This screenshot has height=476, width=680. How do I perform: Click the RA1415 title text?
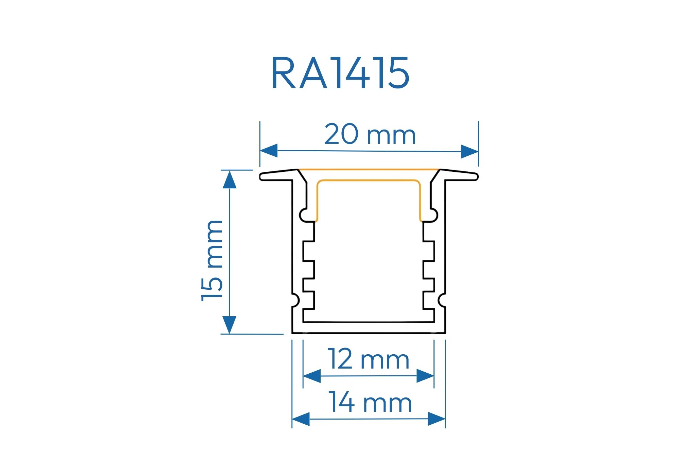pos(340,73)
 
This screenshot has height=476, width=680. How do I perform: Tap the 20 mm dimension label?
pos(370,135)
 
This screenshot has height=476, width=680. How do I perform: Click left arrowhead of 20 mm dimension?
pos(269,151)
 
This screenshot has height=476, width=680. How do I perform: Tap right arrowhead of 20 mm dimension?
pos(470,152)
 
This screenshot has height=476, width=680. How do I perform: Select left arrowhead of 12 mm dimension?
pos(311,376)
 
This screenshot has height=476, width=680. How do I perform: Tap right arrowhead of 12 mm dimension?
pos(425,376)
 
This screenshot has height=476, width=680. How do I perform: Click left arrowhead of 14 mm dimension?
pos(301,419)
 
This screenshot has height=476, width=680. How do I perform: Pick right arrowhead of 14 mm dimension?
pos(437,419)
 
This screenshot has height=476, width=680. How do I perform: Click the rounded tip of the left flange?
pos(262,177)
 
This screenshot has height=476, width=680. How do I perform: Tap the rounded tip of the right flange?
pos(476,177)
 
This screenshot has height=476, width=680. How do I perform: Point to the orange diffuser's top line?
pos(369,169)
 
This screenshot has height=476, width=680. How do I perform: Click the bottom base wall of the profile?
pos(369,328)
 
